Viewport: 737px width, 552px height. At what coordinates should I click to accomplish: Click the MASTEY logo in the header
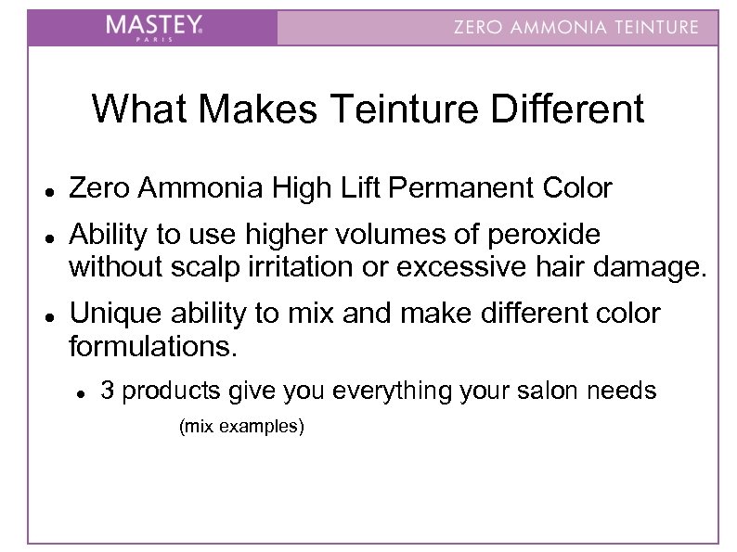coord(153,27)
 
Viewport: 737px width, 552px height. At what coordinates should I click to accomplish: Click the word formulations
coord(152,350)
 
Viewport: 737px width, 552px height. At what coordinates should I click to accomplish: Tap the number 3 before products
coord(108,391)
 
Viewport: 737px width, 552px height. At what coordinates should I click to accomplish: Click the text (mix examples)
coord(240,428)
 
